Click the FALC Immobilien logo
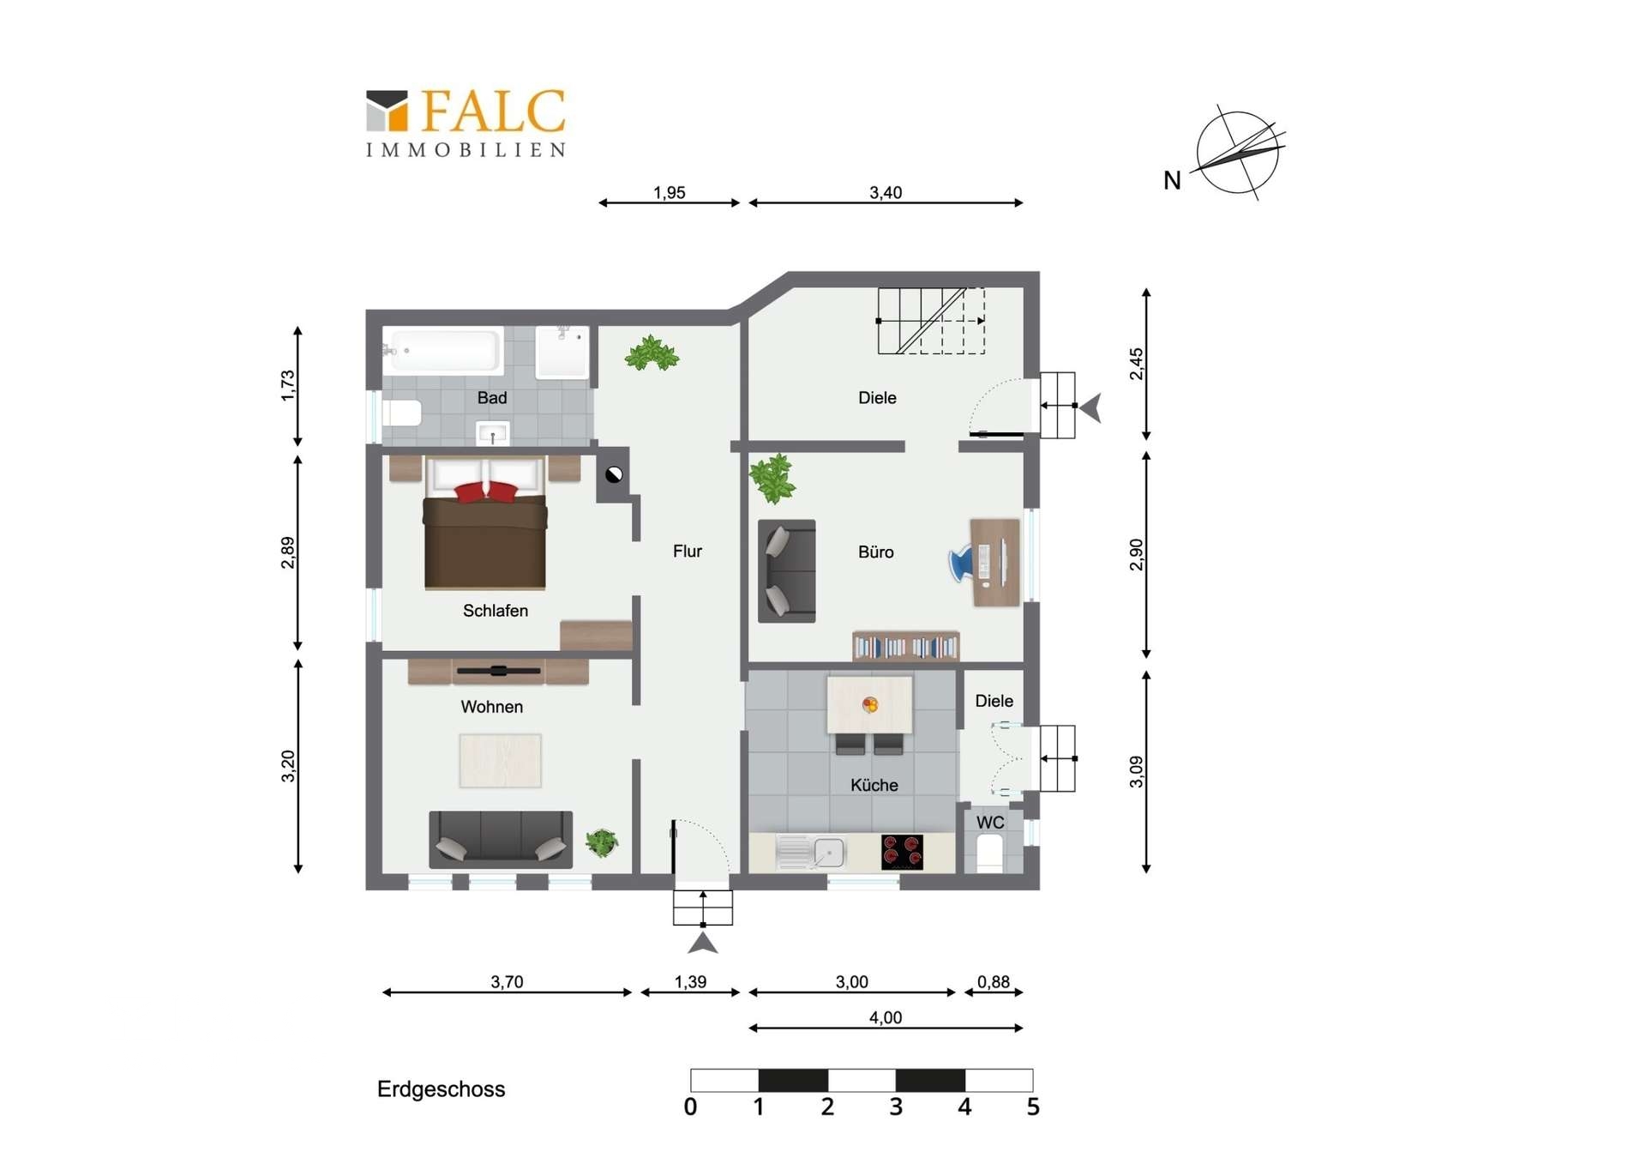tap(466, 124)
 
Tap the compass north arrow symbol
tap(1237, 153)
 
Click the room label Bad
tap(492, 398)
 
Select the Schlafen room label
tap(496, 611)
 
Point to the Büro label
tap(876, 552)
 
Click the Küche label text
tap(874, 785)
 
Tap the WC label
tap(990, 823)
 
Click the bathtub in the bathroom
tap(443, 351)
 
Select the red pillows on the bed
tap(486, 492)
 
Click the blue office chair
tap(962, 563)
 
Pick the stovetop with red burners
tap(902, 852)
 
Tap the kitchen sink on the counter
tap(811, 853)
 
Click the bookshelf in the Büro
tap(905, 646)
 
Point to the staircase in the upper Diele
tap(931, 321)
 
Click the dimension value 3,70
tap(507, 982)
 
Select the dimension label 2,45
tap(1136, 364)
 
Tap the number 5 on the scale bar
tap(1033, 1107)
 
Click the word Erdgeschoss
tap(442, 1089)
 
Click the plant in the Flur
tap(652, 353)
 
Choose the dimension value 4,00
tap(886, 1018)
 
